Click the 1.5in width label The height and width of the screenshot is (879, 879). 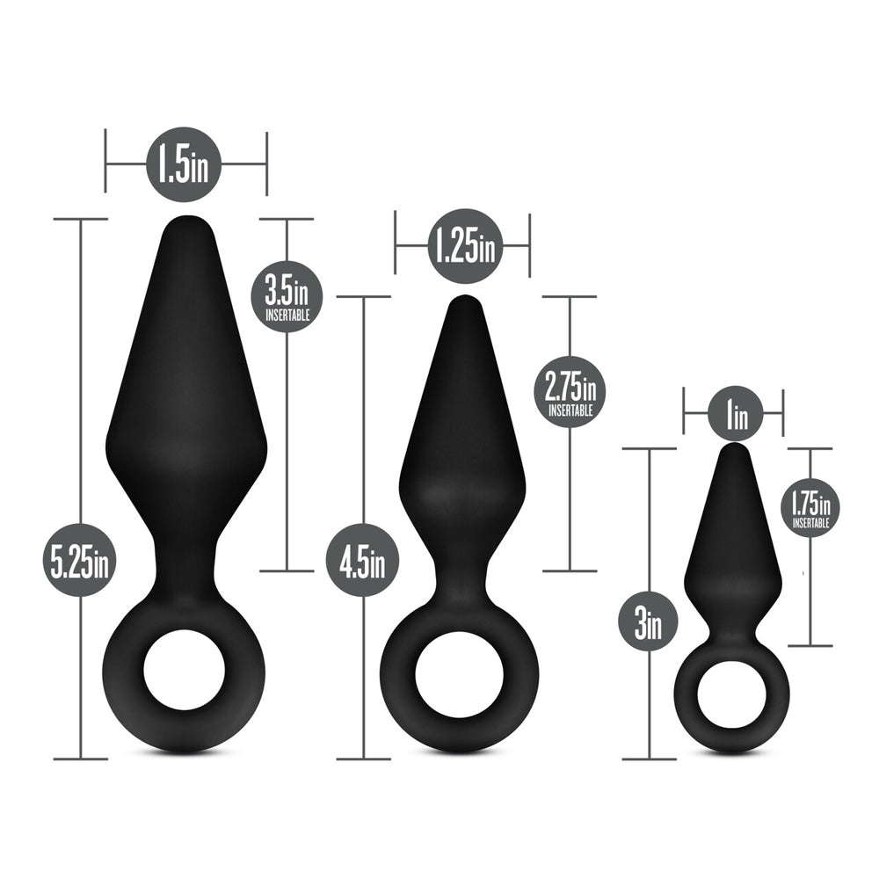tap(183, 164)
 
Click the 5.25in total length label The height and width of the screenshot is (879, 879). tap(79, 560)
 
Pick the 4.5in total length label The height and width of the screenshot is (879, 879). tap(362, 560)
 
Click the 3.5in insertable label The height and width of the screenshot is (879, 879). tap(287, 295)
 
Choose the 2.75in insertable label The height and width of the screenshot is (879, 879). tap(570, 392)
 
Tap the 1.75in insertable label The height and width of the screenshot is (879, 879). tap(810, 508)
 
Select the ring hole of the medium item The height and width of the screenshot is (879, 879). tap(459, 680)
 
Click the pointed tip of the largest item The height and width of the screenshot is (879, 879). tap(185, 222)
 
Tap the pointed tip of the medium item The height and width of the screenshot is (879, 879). tap(463, 301)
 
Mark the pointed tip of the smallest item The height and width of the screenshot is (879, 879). tap(735, 448)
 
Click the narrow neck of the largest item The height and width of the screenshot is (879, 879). tap(185, 563)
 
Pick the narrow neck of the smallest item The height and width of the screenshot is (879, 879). tap(735, 625)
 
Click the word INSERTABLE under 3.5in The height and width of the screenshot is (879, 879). tap(287, 316)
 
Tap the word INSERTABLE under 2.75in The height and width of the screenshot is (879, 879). tap(570, 410)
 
